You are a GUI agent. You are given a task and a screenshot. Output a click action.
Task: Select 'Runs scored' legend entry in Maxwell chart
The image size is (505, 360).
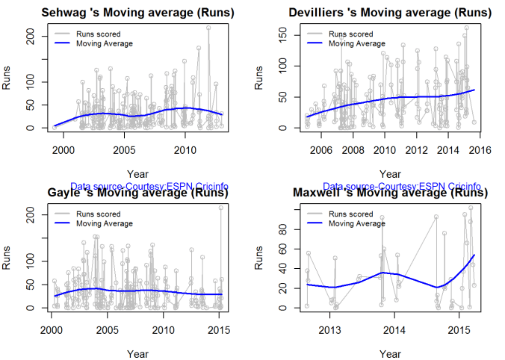tap(350, 214)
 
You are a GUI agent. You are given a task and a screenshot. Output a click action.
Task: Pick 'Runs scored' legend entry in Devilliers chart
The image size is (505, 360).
tap(350, 34)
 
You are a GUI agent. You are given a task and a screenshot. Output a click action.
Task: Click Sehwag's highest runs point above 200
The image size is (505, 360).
tap(208, 28)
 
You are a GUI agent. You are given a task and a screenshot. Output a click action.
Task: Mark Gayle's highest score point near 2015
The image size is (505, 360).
tap(221, 208)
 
